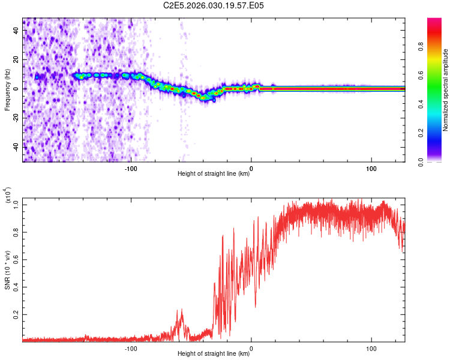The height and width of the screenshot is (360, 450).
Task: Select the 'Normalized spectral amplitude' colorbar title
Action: click(x=446, y=90)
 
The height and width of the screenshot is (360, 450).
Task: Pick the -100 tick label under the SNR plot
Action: click(x=131, y=347)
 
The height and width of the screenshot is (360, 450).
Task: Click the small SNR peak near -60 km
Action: click(x=181, y=310)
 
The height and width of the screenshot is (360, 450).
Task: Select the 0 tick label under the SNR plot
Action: click(x=251, y=347)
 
